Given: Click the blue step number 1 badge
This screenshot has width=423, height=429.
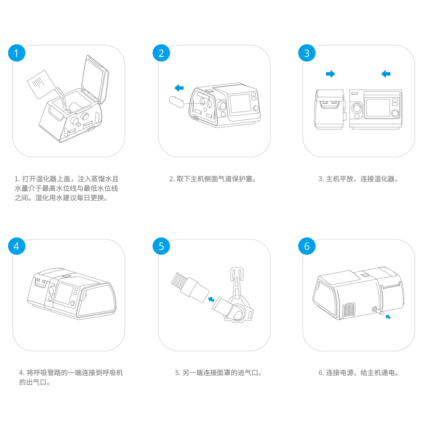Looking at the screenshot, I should click(x=17, y=53).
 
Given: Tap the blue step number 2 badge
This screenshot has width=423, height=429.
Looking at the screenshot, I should click(x=161, y=53).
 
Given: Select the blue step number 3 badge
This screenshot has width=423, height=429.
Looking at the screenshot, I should click(x=307, y=53).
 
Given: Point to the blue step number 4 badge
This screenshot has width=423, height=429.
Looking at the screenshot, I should click(x=17, y=246).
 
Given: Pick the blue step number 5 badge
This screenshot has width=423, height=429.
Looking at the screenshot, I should click(x=161, y=246).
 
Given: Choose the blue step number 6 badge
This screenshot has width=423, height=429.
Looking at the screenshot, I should click(x=307, y=246).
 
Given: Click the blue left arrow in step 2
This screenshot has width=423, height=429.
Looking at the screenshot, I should click(x=179, y=88).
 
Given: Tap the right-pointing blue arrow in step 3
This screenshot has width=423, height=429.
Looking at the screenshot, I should click(x=330, y=74).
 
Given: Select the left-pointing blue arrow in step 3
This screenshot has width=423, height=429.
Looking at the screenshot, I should click(x=386, y=74).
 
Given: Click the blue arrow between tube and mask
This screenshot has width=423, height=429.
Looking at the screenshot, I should click(x=211, y=298).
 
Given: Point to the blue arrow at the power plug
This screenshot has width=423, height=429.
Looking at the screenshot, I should click(x=388, y=317).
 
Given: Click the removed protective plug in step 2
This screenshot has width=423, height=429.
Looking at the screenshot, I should click(x=177, y=103).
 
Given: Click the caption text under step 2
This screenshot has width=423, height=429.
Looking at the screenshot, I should click(x=213, y=179).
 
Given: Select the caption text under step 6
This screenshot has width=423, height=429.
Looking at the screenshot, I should click(x=358, y=373).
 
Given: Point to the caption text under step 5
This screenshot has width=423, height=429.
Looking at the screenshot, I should click(x=219, y=373).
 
